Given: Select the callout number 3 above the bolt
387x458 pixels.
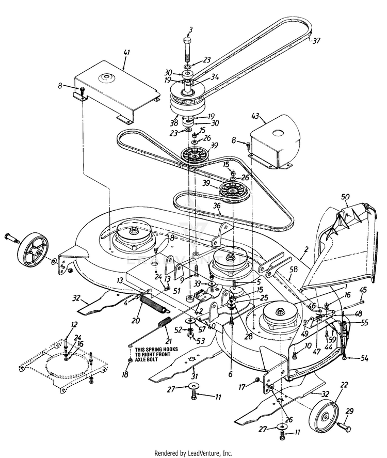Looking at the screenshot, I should [190, 31].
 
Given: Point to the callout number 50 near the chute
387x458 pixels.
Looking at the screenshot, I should [345, 196].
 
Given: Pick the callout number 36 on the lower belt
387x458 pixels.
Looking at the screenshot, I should [217, 205].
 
